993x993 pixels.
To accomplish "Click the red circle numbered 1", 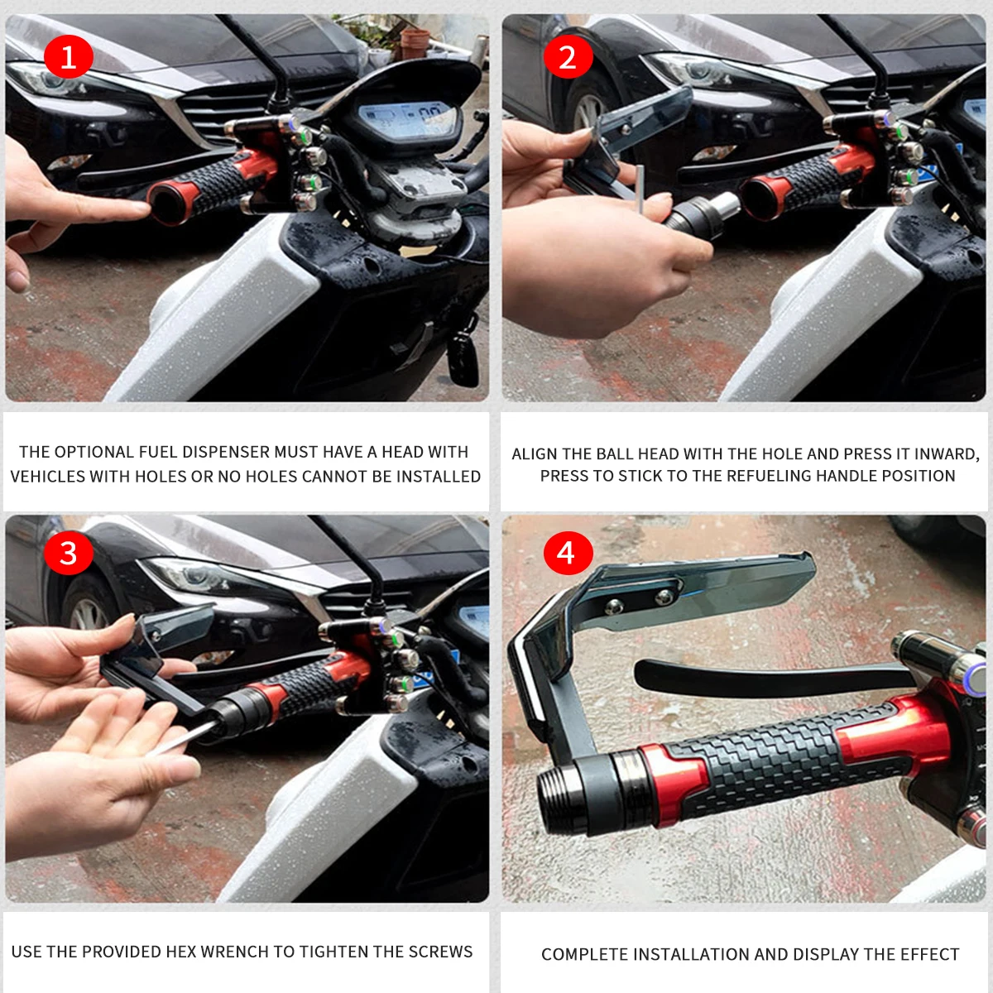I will (x=68, y=57).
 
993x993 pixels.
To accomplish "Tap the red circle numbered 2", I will (x=568, y=57).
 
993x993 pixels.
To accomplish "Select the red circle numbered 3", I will (x=68, y=553).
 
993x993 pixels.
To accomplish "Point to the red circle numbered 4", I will (x=567, y=553).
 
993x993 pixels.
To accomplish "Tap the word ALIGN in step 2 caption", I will (x=535, y=453).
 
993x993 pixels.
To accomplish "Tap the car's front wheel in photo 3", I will (x=87, y=612).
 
